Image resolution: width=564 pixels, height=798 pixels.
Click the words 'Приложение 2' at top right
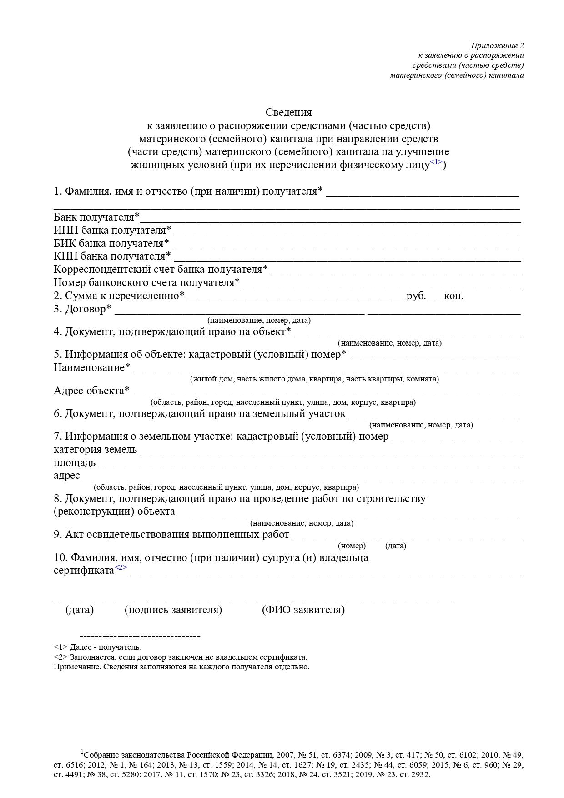coord(498,46)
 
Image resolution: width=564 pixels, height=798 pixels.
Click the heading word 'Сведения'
coord(289,112)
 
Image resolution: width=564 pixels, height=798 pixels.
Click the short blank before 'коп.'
coord(435,300)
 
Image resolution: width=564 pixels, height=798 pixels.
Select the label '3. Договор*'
coord(83,309)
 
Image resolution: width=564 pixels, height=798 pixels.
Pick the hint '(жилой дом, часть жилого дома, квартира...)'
coord(314,379)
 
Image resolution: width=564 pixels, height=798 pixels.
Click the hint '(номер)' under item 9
coord(352,546)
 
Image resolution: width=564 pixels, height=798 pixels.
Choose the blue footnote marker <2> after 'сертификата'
coord(121,567)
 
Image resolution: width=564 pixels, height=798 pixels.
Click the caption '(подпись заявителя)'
coord(173,610)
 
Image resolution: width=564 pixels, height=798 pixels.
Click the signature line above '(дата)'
coord(94,601)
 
